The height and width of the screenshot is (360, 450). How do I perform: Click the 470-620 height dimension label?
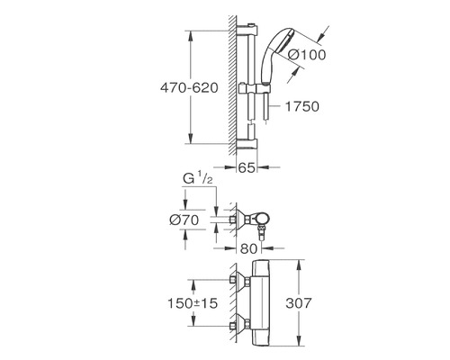tap(189, 88)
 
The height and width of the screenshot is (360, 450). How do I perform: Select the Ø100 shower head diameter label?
tap(307, 55)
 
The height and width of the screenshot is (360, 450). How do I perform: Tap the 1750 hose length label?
tap(302, 106)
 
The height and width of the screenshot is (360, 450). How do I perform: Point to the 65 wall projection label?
tap(247, 167)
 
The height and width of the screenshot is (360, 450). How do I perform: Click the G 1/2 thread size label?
tap(198, 179)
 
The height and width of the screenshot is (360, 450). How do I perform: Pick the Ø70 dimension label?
tap(184, 220)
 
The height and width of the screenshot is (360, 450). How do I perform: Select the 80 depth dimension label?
tap(248, 248)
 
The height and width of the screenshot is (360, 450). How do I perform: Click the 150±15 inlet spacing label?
tap(193, 303)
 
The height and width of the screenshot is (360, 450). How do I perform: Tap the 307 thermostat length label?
tap(299, 303)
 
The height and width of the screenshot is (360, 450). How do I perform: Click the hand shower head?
tap(275, 55)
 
